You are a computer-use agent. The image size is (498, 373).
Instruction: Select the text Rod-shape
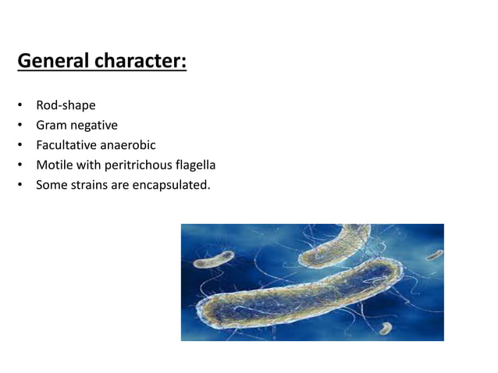coord(66,105)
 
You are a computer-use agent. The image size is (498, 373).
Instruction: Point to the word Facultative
coord(66,145)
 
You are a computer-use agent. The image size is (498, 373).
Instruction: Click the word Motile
coord(54,165)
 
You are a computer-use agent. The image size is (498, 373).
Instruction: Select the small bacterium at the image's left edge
coord(209,261)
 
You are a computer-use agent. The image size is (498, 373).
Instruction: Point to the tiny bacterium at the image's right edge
coord(435,254)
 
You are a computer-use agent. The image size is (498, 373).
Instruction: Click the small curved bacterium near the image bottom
coord(385,328)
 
